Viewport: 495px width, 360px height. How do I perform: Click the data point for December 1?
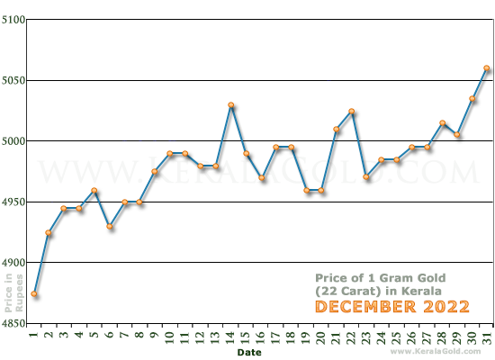(x=33, y=294)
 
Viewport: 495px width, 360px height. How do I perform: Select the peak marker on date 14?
(x=231, y=105)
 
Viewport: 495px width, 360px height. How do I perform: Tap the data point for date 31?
(x=487, y=68)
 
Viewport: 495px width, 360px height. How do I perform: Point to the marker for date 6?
(x=109, y=227)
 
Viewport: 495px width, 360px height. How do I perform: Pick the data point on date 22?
(x=350, y=112)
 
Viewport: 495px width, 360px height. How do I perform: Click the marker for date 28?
(x=442, y=123)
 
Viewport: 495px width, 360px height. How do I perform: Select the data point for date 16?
(x=262, y=178)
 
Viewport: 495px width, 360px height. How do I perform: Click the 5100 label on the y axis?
(x=13, y=20)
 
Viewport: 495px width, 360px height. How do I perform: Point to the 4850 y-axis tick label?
(x=13, y=322)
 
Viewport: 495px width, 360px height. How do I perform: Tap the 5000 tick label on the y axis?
(x=13, y=141)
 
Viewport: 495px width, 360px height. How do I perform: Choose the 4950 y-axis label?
(x=13, y=202)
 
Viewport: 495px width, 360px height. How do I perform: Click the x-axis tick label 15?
(x=246, y=337)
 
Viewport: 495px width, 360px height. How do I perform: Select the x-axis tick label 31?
(x=487, y=337)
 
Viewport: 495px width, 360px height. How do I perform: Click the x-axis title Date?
(x=249, y=353)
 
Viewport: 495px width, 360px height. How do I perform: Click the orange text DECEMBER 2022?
(x=378, y=308)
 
